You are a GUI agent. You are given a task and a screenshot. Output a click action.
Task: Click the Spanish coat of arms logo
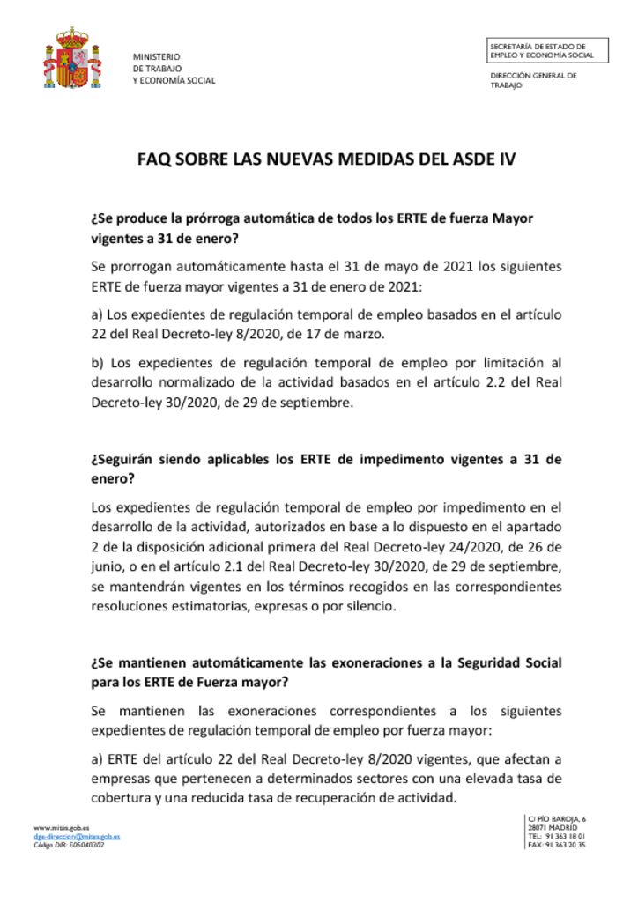(x=72, y=59)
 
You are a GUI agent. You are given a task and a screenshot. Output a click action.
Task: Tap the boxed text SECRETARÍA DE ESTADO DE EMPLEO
(x=541, y=50)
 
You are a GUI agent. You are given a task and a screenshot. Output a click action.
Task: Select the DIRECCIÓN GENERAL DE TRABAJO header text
(x=533, y=80)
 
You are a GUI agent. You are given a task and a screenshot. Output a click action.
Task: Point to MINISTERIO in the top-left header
(x=156, y=56)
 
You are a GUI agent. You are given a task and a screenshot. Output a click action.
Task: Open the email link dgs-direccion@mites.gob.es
(x=77, y=836)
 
